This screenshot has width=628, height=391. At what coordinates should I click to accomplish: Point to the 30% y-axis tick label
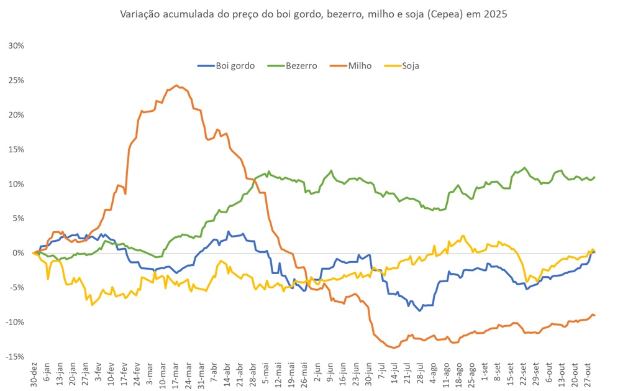16,46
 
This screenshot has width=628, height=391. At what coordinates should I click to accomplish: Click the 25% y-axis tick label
16,81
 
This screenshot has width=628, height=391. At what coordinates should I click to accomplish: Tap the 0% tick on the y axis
18,253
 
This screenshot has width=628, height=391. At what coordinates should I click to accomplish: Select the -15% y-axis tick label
14,356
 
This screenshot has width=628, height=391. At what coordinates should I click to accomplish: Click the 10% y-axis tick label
16,184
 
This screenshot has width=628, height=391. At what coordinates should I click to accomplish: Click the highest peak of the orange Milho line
177,85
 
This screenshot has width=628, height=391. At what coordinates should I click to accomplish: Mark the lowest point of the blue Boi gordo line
420,310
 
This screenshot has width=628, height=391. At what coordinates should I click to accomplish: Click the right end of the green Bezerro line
594,177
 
